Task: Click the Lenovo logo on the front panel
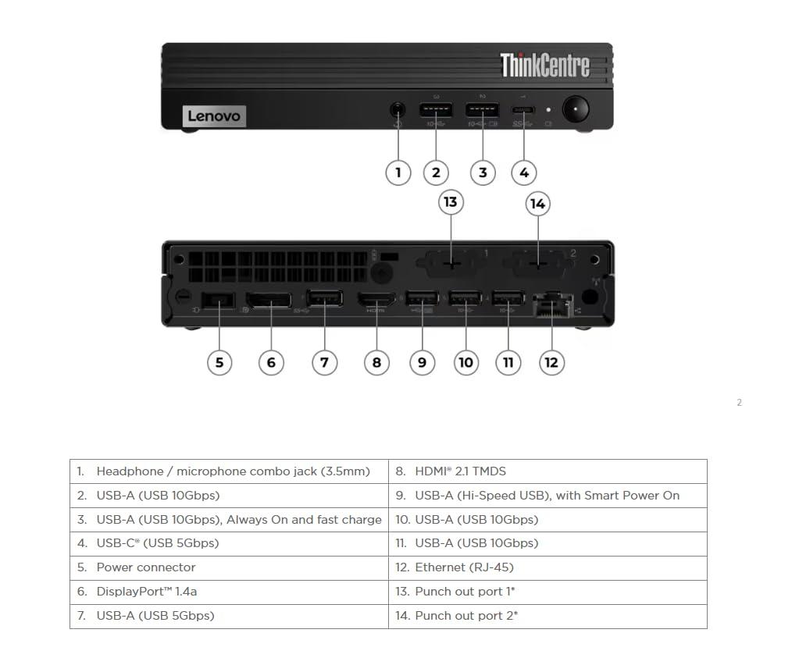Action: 215,116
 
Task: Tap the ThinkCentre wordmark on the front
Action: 544,66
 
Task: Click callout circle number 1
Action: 398,172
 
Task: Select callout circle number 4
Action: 524,172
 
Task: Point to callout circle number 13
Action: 450,202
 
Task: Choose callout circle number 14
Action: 537,204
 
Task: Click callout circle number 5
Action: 219,362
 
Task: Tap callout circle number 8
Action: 376,362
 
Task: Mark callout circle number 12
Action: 551,362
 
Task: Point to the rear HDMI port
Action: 376,299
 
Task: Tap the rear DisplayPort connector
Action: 269,300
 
